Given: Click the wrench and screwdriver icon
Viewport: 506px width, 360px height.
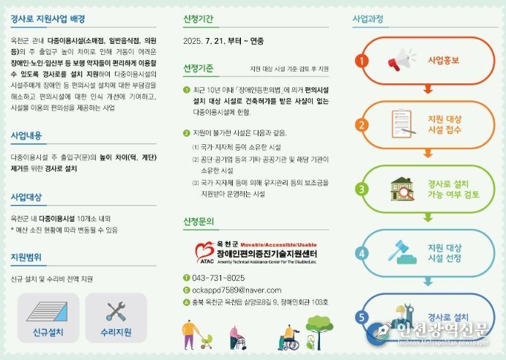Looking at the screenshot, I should pyautogui.click(x=116, y=311).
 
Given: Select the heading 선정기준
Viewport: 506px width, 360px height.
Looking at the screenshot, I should pyautogui.click(x=198, y=69).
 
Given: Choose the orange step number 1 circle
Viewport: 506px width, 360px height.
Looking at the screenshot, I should pyautogui.click(x=361, y=61).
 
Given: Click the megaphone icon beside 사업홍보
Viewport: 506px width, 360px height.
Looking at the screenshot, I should pyautogui.click(x=401, y=60).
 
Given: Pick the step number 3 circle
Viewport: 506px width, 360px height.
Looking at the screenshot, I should pyautogui.click(x=361, y=190).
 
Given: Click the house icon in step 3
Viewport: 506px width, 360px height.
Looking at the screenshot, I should pyautogui.click(x=401, y=189).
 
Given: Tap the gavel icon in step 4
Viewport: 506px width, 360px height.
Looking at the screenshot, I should pyautogui.click(x=401, y=252).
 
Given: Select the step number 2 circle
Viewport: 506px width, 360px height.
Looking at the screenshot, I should pyautogui.click(x=361, y=125).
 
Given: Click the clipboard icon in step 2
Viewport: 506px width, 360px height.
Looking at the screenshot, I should pyautogui.click(x=401, y=124).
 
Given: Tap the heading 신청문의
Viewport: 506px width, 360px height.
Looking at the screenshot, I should pyautogui.click(x=198, y=222).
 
